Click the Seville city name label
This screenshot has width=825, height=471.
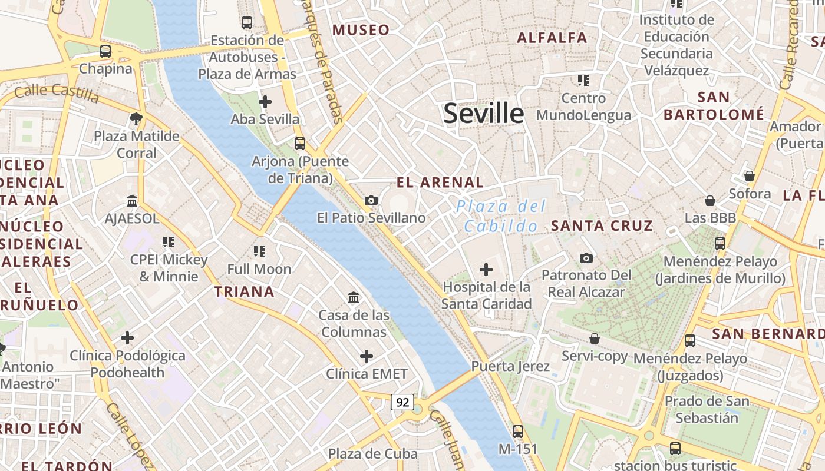(483, 113)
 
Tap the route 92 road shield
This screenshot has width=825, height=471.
(402, 403)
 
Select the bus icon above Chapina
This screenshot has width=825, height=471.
(105, 51)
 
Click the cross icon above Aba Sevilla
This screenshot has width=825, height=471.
(265, 102)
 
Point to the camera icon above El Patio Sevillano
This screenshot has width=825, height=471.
(371, 201)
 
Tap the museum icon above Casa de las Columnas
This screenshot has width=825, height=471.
(354, 298)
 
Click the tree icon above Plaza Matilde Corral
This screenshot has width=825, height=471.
(136, 119)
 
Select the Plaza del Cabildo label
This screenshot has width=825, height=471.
(501, 216)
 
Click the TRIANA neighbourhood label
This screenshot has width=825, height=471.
(244, 291)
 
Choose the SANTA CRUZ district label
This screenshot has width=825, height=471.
(602, 225)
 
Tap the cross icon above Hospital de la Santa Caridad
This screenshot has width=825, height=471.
(486, 270)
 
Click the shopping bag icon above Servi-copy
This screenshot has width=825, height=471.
(595, 339)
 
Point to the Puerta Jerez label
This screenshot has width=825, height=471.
(510, 366)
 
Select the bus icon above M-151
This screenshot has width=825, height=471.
(518, 432)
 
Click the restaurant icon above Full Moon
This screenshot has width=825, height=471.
(259, 251)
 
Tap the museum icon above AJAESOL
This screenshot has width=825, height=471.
(132, 201)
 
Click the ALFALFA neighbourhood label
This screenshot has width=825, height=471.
(552, 38)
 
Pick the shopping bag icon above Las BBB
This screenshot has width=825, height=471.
(710, 201)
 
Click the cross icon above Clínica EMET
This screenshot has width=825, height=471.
(367, 356)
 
